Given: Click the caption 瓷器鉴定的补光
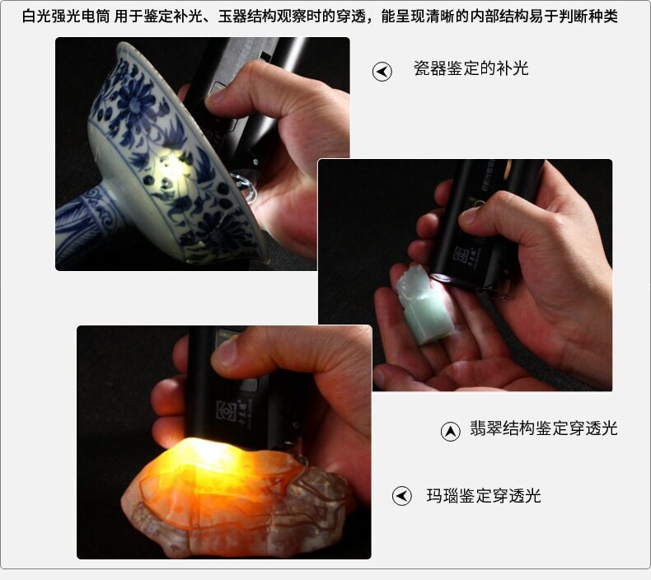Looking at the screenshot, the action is pyautogui.click(x=471, y=68).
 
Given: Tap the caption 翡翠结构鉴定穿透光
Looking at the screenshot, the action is pyautogui.click(x=544, y=428).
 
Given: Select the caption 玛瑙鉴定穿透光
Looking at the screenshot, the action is pyautogui.click(x=484, y=496).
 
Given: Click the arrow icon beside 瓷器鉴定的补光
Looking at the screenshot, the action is pyautogui.click(x=382, y=72).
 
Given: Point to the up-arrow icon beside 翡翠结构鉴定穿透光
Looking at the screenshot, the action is pyautogui.click(x=450, y=432).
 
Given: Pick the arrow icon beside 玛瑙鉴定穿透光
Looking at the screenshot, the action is pyautogui.click(x=402, y=496).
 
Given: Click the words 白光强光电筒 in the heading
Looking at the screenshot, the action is pyautogui.click(x=66, y=16).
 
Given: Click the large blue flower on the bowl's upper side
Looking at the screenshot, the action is pyautogui.click(x=133, y=103).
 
